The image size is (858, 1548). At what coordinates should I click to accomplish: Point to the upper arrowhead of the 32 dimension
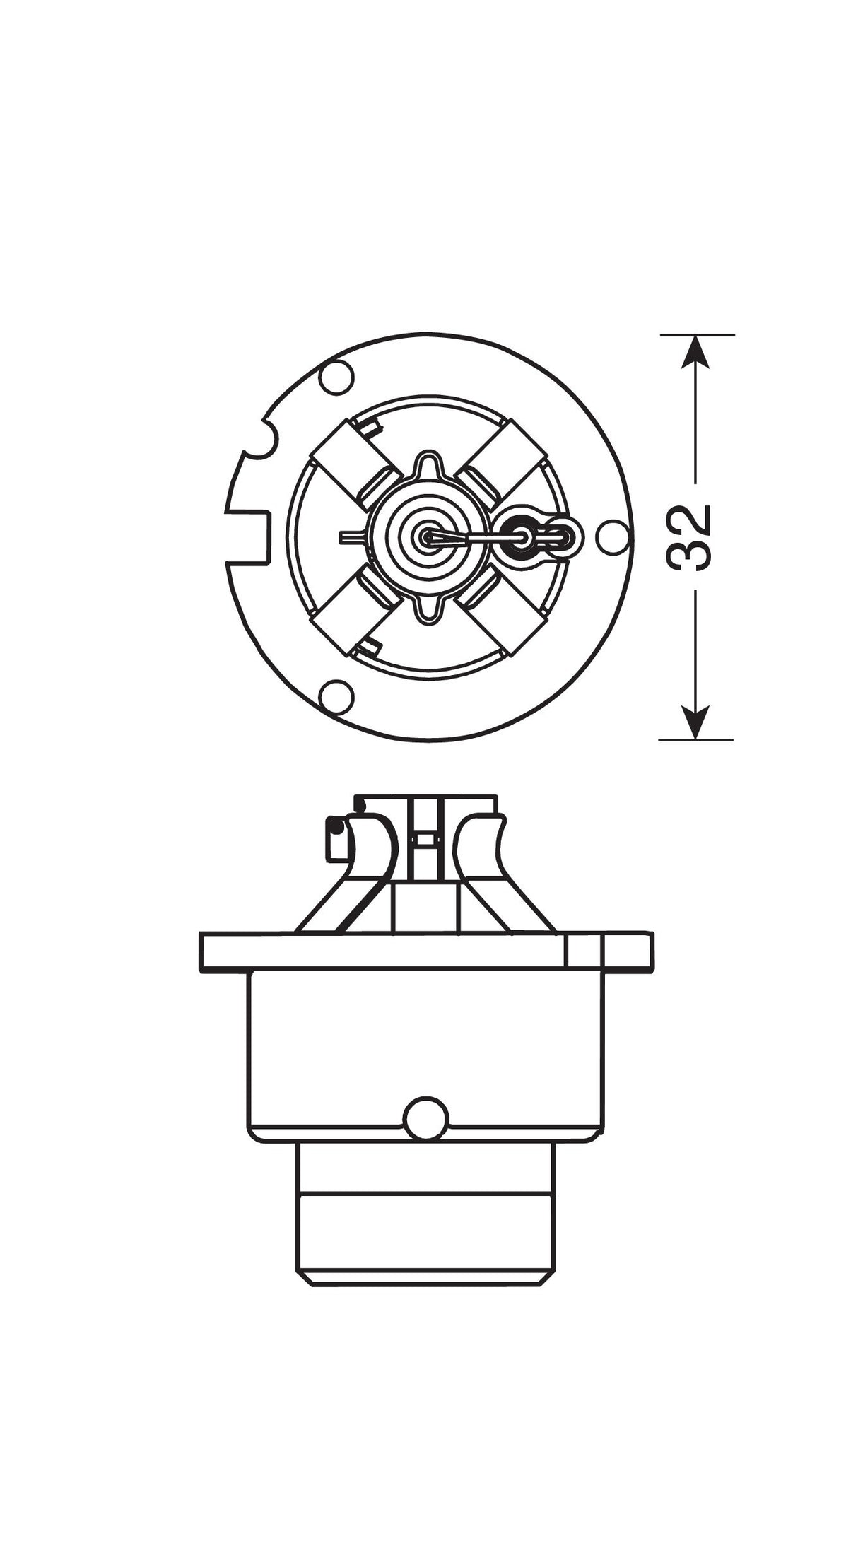(696, 350)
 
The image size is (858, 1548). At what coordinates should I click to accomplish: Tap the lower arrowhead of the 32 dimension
(696, 722)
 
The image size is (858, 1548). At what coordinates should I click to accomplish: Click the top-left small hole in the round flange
(336, 377)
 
